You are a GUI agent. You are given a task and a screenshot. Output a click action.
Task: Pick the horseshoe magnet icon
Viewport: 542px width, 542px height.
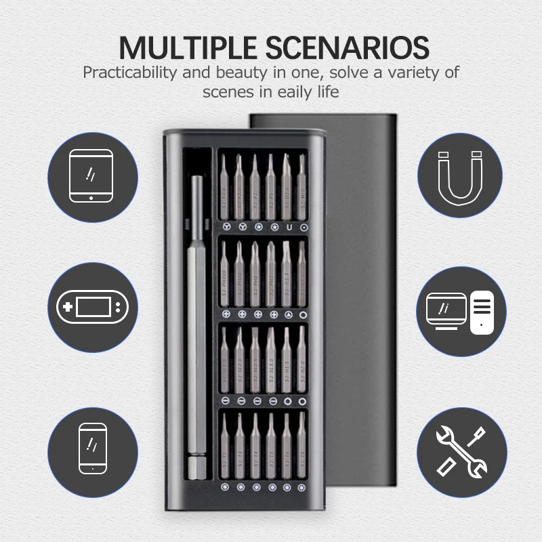[x=461, y=175]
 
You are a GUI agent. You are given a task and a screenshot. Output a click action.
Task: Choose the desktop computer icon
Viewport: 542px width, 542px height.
[x=461, y=307]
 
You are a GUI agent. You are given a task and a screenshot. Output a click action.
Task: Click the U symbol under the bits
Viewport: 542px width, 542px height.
[x=289, y=226]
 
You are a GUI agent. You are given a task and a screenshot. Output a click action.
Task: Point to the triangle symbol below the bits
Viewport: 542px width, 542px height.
[x=289, y=314]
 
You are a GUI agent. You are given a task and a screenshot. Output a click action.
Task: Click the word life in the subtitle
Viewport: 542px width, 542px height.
[x=326, y=91]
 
